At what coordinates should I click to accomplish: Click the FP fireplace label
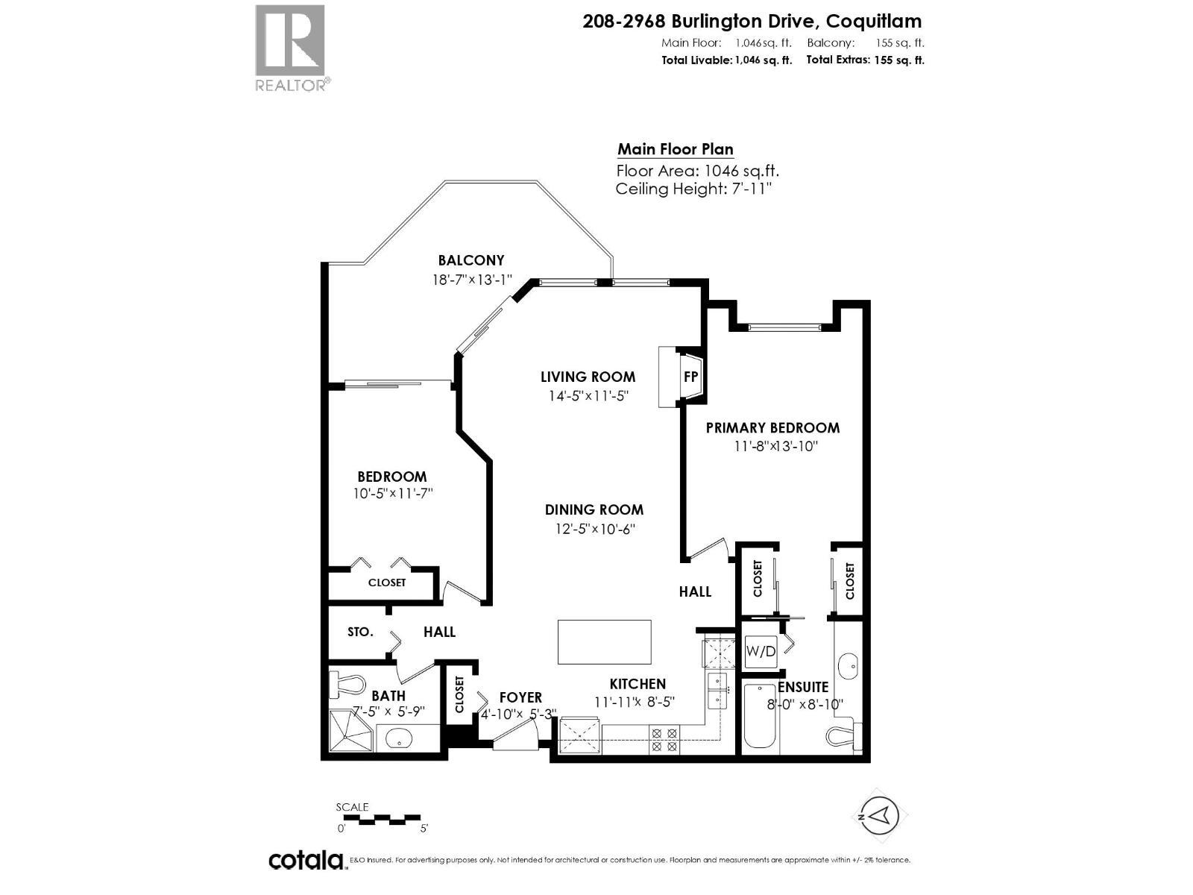pos(690,377)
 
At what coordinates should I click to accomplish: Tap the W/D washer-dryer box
pos(761,651)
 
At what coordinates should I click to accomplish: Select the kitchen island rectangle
pos(604,641)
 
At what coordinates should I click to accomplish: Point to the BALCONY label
pos(470,260)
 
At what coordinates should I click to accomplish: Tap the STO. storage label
pos(360,632)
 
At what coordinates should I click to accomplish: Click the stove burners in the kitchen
pos(664,739)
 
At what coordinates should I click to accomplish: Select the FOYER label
pos(520,697)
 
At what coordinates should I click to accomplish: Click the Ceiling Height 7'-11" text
pos(693,189)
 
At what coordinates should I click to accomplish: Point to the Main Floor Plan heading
pos(675,149)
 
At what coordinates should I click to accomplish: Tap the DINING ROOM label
pos(594,509)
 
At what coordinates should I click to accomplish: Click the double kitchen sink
pos(717,690)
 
